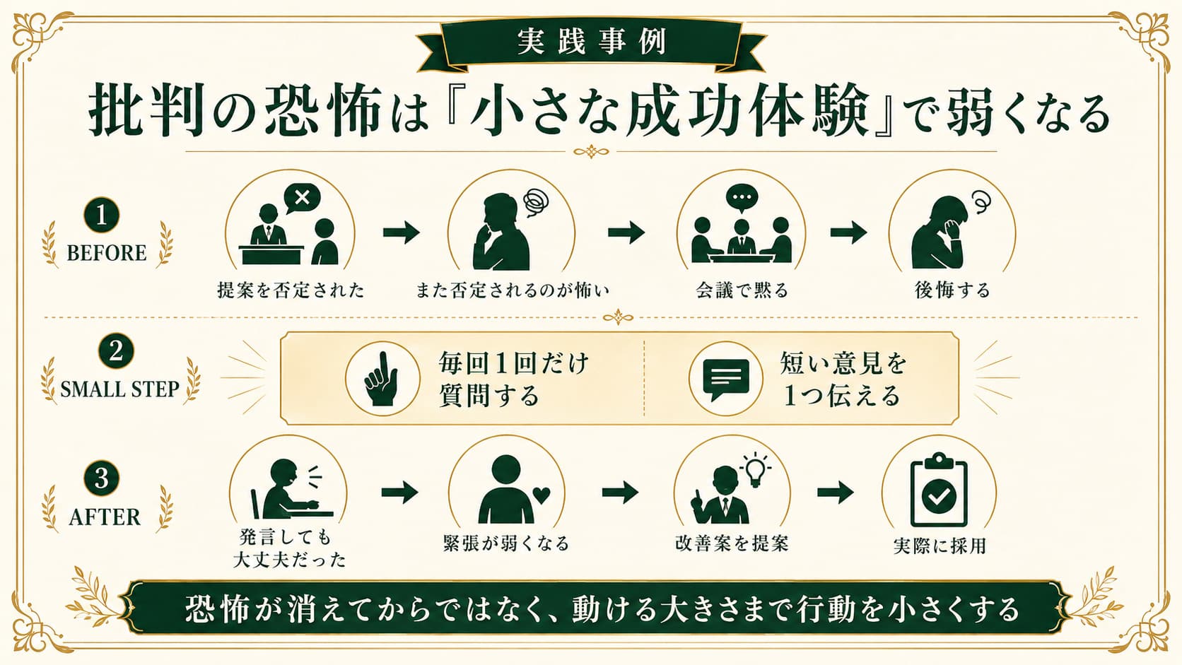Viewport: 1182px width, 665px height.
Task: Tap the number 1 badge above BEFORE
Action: tap(101, 215)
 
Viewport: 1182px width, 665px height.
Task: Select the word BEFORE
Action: tap(107, 253)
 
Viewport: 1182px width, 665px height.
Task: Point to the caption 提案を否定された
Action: tap(291, 290)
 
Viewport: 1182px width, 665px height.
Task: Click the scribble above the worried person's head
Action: tap(536, 203)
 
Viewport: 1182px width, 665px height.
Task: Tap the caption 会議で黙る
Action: tap(742, 290)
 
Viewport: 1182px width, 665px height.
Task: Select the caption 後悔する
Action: tap(952, 290)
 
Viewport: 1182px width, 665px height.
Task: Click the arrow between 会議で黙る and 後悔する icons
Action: tap(848, 232)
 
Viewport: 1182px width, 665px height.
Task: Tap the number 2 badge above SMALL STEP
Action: tap(116, 351)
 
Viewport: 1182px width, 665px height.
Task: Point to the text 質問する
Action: tap(488, 396)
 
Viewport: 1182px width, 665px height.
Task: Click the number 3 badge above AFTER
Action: tap(101, 478)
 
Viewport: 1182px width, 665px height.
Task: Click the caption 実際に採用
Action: tap(940, 546)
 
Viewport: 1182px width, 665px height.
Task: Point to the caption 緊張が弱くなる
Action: tap(507, 543)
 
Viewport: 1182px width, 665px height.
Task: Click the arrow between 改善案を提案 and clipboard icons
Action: tap(835, 493)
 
